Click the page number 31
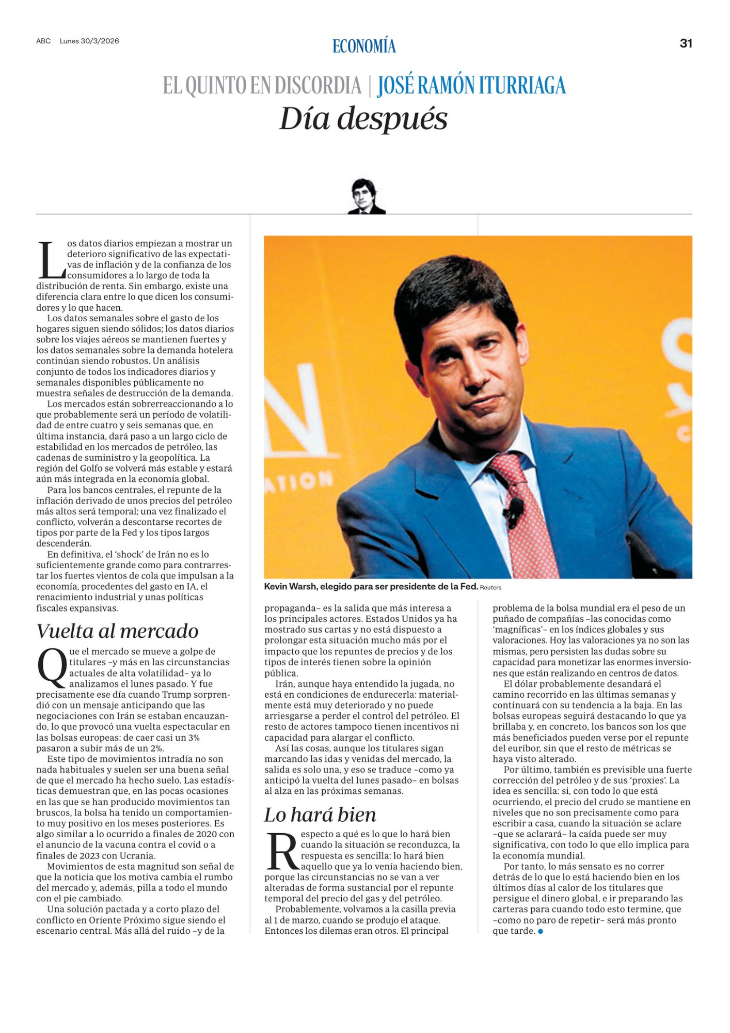[x=686, y=43]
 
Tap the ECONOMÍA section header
[x=364, y=46]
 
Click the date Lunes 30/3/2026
[x=89, y=41]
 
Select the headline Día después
[x=363, y=119]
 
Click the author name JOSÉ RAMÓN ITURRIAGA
[x=471, y=86]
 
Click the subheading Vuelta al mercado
[x=118, y=631]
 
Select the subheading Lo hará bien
[x=320, y=815]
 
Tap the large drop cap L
[x=51, y=260]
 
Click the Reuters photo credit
[x=490, y=587]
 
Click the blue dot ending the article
[x=541, y=931]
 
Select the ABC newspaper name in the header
[x=43, y=41]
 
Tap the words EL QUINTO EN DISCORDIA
[x=262, y=86]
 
